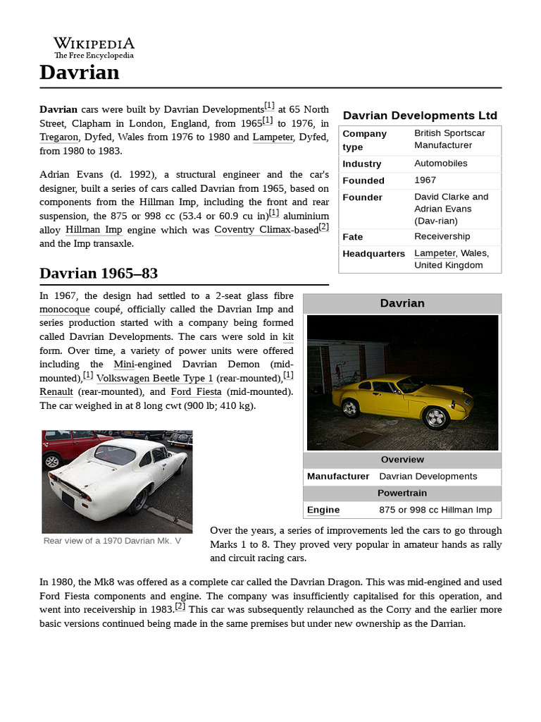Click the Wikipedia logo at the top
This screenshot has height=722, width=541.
pos(94,48)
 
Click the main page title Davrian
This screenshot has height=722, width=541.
pos(80,73)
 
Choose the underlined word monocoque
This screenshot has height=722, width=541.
pos(65,309)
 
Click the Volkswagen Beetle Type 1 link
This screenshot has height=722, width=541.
pos(154,378)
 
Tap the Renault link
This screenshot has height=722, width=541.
pos(56,391)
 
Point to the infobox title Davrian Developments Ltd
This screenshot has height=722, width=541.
pos(420,116)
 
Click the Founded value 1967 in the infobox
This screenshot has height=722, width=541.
pos(425,180)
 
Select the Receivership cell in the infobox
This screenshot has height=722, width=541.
pos(442,236)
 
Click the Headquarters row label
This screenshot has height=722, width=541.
pos(373,254)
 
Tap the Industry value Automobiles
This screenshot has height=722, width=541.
pos(440,163)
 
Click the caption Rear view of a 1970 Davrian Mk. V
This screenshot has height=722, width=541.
pos(112,541)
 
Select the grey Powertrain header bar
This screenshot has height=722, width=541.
pos(402,493)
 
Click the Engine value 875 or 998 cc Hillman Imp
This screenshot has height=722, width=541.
pos(435,510)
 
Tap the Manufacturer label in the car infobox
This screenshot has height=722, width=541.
pos(338,476)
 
